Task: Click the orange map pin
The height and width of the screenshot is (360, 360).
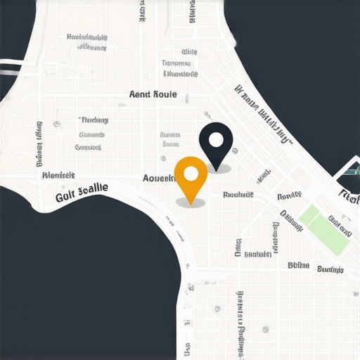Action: coord(191,176)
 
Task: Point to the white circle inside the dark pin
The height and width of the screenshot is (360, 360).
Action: coord(215,137)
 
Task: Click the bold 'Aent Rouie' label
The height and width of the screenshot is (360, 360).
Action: coord(153,94)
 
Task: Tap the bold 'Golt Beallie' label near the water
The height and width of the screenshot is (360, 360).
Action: coord(82,193)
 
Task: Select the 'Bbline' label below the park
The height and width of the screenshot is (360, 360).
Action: coord(299,266)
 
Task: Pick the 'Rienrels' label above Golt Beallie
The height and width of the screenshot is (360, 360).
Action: coord(58,175)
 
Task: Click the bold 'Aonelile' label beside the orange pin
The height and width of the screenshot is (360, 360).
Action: coord(158,178)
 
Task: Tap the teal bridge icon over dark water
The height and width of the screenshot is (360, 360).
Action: coord(348,168)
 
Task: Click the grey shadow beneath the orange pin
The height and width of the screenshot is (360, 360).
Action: coord(191,202)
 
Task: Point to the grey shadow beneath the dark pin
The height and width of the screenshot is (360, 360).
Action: coord(219,169)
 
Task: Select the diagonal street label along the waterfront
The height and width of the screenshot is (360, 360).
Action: coord(264,116)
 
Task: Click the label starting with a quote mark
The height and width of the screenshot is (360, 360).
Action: coord(93,120)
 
